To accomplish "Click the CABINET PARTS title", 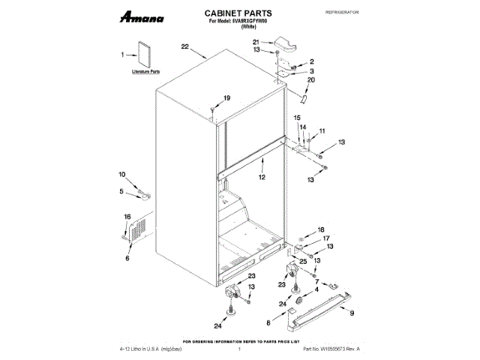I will [238, 13].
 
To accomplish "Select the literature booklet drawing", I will [143, 57].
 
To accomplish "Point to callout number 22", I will [184, 47].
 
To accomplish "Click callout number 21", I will [255, 42].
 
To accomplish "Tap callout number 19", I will [226, 98].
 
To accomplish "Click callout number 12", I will [262, 178].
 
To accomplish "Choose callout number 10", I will [123, 175].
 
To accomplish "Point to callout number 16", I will [127, 217].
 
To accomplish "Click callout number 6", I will [127, 258].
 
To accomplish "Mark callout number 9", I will [352, 311].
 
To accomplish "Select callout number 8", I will [268, 323].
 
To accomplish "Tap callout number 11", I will [322, 132].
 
